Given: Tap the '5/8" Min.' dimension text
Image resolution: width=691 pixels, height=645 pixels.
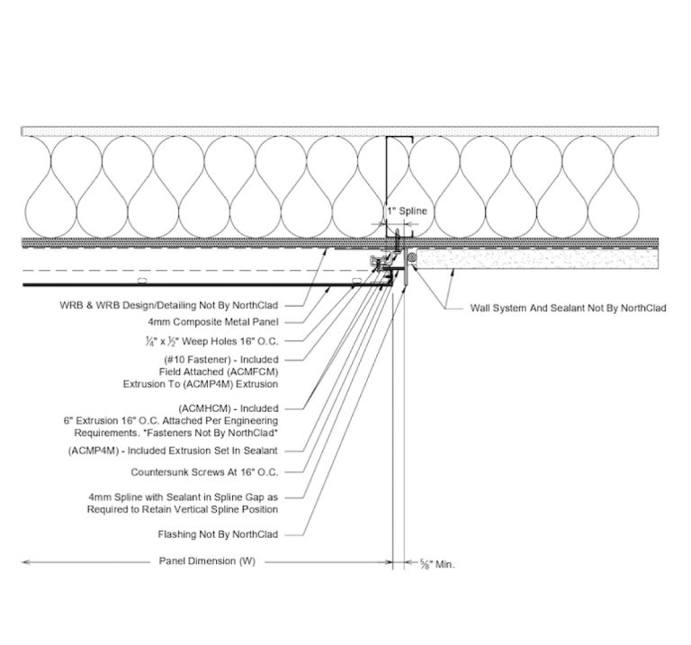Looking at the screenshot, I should [x=438, y=564].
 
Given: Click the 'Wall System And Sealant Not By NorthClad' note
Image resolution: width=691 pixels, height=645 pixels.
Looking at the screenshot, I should [x=568, y=308].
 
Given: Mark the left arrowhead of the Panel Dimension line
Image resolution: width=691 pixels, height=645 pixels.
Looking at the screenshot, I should [x=24, y=562].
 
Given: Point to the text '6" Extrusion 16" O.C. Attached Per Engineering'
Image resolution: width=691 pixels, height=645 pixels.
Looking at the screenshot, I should [x=170, y=420].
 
